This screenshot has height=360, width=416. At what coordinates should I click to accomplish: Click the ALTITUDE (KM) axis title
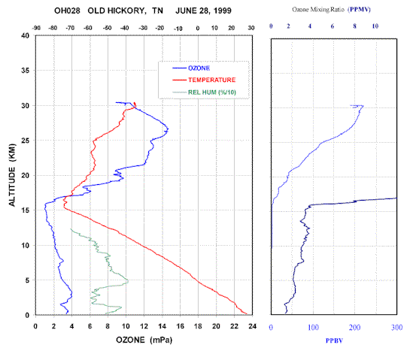12,175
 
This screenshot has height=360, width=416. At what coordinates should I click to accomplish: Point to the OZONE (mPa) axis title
144,340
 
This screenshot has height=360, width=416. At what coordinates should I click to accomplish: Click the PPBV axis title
334,340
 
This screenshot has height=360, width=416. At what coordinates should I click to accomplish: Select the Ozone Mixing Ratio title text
318,10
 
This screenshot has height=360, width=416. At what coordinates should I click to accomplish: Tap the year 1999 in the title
223,11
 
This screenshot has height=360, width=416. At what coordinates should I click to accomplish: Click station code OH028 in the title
67,11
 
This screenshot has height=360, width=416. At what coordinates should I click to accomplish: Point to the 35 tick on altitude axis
26,71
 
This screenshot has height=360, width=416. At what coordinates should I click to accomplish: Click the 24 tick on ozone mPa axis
252,326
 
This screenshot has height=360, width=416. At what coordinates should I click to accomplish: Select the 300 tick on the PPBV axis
396,328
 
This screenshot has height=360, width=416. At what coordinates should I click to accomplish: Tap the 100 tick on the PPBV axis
313,328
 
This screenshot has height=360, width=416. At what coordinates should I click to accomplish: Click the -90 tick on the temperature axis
36,28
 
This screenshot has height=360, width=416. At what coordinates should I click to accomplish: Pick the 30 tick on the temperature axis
251,28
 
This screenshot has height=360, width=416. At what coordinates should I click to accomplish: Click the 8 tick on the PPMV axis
354,26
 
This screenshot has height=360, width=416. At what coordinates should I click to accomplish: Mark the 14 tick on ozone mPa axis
162,326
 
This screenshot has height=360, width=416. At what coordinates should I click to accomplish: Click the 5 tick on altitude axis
27,280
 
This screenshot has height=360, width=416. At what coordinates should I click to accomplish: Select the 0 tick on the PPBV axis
271,328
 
